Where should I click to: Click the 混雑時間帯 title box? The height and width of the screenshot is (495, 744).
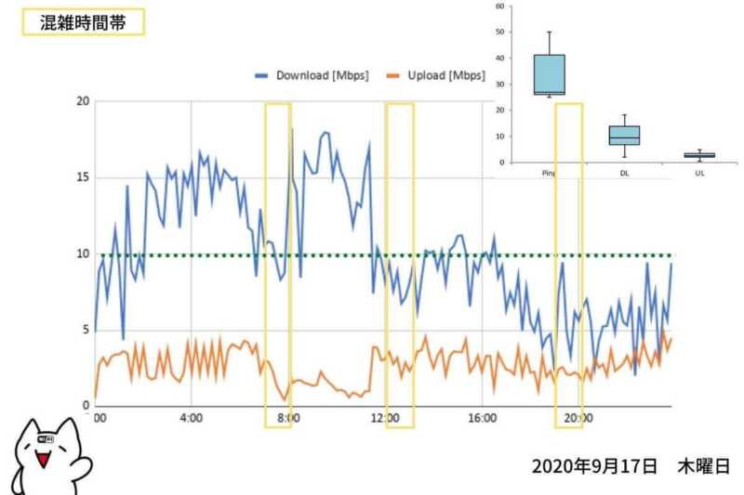83,21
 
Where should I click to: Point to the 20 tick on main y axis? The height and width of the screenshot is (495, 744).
82,102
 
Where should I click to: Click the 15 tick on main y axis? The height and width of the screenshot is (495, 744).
82,177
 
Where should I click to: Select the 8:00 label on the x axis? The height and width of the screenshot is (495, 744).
287,419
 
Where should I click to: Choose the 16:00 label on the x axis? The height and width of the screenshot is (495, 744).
482,419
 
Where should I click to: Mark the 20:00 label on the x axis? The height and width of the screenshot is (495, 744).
579,419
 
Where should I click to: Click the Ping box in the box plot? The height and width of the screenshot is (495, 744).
549,74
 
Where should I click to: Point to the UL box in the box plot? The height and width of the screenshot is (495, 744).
699,155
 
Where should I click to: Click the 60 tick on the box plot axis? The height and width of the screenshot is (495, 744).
500,7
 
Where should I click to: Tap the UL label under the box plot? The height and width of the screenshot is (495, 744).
699,173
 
